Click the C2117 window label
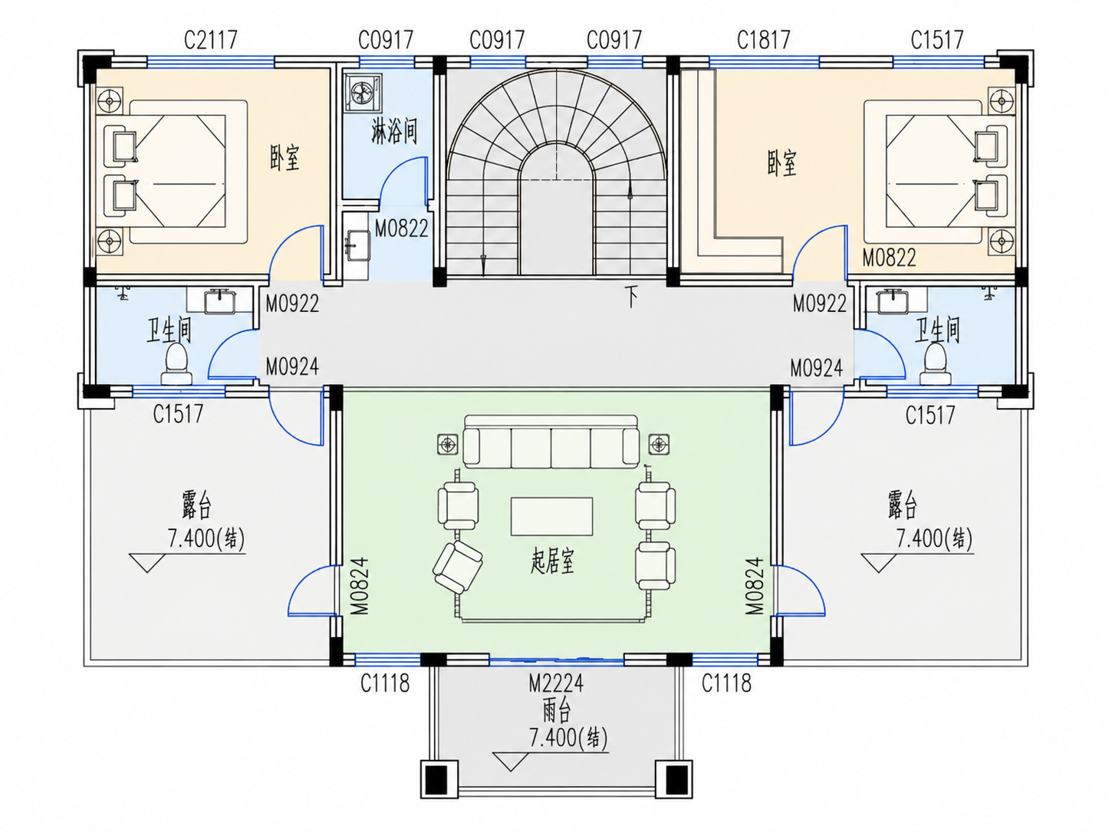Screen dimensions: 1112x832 click(x=210, y=40)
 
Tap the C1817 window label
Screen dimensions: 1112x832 click(x=764, y=40)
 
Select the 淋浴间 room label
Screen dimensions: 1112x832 click(x=394, y=131)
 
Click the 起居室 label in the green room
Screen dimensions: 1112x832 click(x=552, y=561)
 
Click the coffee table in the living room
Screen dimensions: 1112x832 click(x=551, y=516)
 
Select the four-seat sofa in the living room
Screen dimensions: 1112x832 click(x=551, y=442)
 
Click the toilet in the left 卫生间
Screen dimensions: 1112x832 click(x=176, y=364)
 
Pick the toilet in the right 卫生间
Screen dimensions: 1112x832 click(x=935, y=364)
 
